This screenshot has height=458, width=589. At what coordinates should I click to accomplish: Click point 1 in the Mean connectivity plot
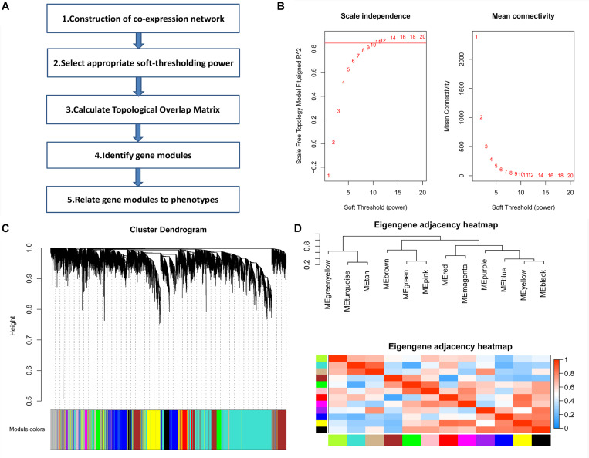point(476,36)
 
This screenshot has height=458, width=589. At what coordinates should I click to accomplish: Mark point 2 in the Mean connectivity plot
point(481,117)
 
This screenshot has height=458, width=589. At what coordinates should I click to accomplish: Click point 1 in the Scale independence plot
point(329,176)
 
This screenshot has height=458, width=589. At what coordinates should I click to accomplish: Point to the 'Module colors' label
point(26,428)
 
